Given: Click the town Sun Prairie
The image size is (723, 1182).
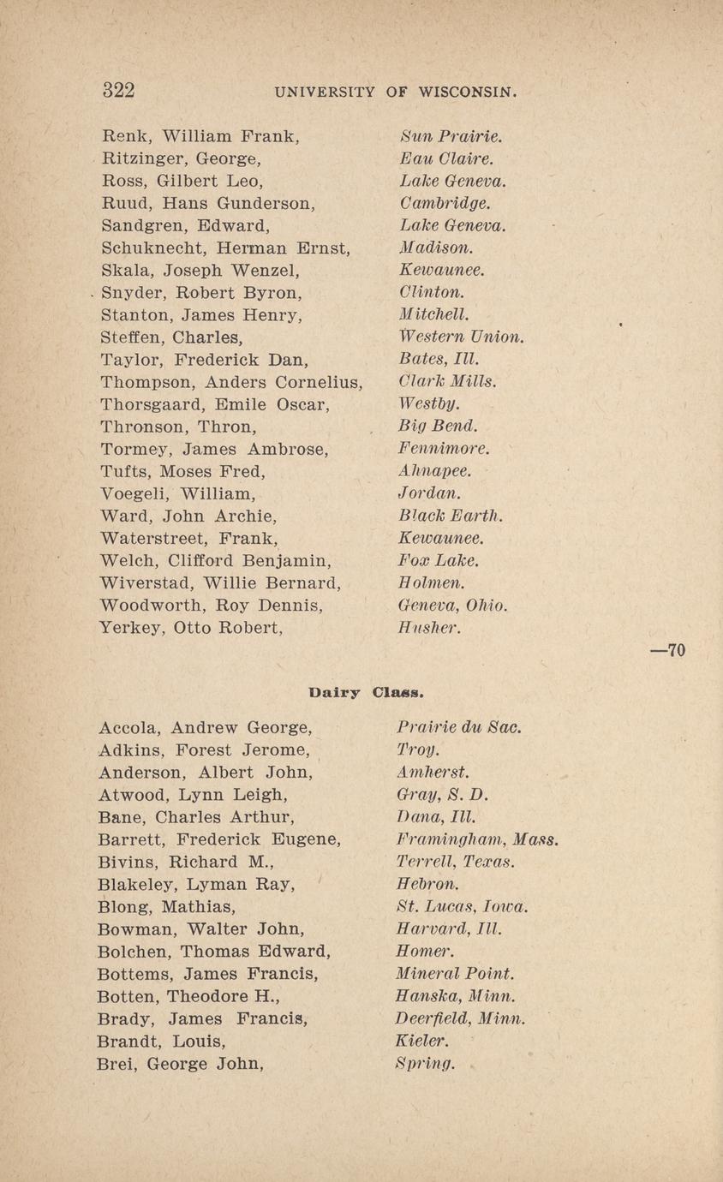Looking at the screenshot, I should [x=451, y=136].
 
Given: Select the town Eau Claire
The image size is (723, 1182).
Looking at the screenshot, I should [x=446, y=158].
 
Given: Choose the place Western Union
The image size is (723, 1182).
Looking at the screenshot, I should [x=461, y=337].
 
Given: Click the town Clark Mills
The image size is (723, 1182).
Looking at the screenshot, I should [x=447, y=381].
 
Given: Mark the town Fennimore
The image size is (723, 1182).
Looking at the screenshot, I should [x=443, y=449].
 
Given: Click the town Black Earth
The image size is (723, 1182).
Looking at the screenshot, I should [x=450, y=516].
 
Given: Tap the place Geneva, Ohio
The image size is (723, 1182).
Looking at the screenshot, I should [x=453, y=606].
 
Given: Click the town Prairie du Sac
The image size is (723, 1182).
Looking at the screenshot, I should [x=459, y=728].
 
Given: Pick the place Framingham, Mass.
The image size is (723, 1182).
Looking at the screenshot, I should [x=478, y=840].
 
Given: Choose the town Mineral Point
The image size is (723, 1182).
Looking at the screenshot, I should [x=454, y=974].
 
